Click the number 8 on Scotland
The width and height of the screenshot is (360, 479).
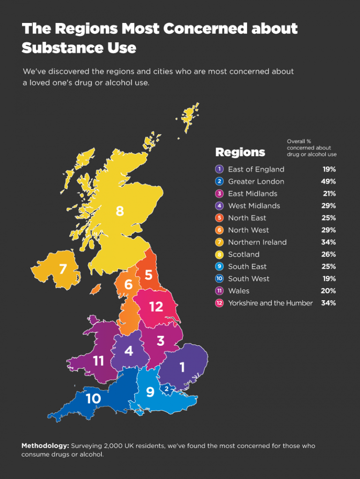[120, 212]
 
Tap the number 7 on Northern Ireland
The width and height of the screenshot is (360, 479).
[63, 269]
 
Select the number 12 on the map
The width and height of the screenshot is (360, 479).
[156, 307]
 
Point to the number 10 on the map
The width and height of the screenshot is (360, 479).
[93, 398]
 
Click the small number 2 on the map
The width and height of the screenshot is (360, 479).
[166, 388]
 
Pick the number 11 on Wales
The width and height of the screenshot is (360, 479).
[98, 361]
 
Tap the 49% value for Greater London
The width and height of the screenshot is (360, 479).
[329, 182]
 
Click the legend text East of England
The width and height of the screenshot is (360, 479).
[256, 169]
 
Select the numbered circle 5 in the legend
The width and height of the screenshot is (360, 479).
[219, 218]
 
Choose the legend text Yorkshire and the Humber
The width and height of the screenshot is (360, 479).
[270, 303]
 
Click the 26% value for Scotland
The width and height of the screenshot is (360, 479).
[329, 254]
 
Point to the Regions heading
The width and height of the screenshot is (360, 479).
[240, 152]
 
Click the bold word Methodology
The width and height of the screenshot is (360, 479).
[45, 446]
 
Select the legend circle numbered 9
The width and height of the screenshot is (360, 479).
[219, 266]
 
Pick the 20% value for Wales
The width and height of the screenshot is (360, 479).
[329, 291]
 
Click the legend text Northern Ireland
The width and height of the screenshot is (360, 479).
[257, 242]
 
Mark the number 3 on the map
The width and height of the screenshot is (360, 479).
[160, 341]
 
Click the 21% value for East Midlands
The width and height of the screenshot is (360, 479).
[329, 194]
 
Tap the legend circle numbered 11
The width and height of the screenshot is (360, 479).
[219, 291]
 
